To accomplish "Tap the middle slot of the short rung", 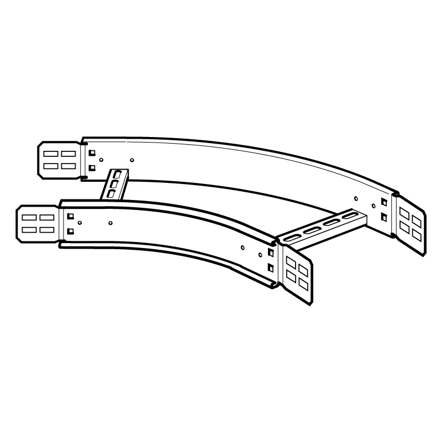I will click(114, 185).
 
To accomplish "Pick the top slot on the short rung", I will click(117, 176).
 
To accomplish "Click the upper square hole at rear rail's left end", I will click(92, 153).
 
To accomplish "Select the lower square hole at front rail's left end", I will click(70, 232).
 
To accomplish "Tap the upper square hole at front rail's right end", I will click(270, 254).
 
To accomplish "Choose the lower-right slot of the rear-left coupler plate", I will click(69, 166).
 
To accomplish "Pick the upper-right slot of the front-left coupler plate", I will click(46, 218).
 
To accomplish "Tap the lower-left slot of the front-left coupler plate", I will click(28, 229).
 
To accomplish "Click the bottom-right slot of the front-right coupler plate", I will click(302, 283).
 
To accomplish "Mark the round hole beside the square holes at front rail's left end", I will click(80, 223).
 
